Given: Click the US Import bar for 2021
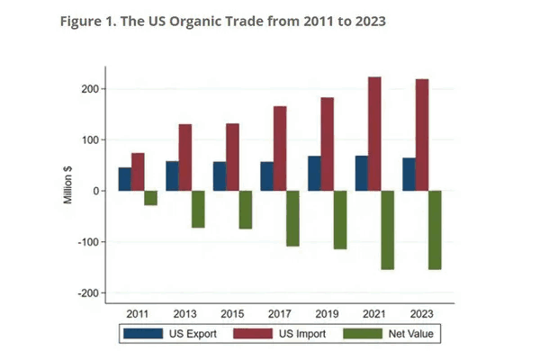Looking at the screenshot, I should coord(374,134).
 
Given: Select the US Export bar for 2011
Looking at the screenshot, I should coord(124,179).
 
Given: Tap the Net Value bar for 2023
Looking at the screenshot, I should coord(435,229).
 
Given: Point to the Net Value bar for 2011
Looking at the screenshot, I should coord(150,198).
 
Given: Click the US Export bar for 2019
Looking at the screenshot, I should coord(314,174).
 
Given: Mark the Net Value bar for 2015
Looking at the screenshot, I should coord(246,210).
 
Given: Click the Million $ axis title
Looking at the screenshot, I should coord(68,180).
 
